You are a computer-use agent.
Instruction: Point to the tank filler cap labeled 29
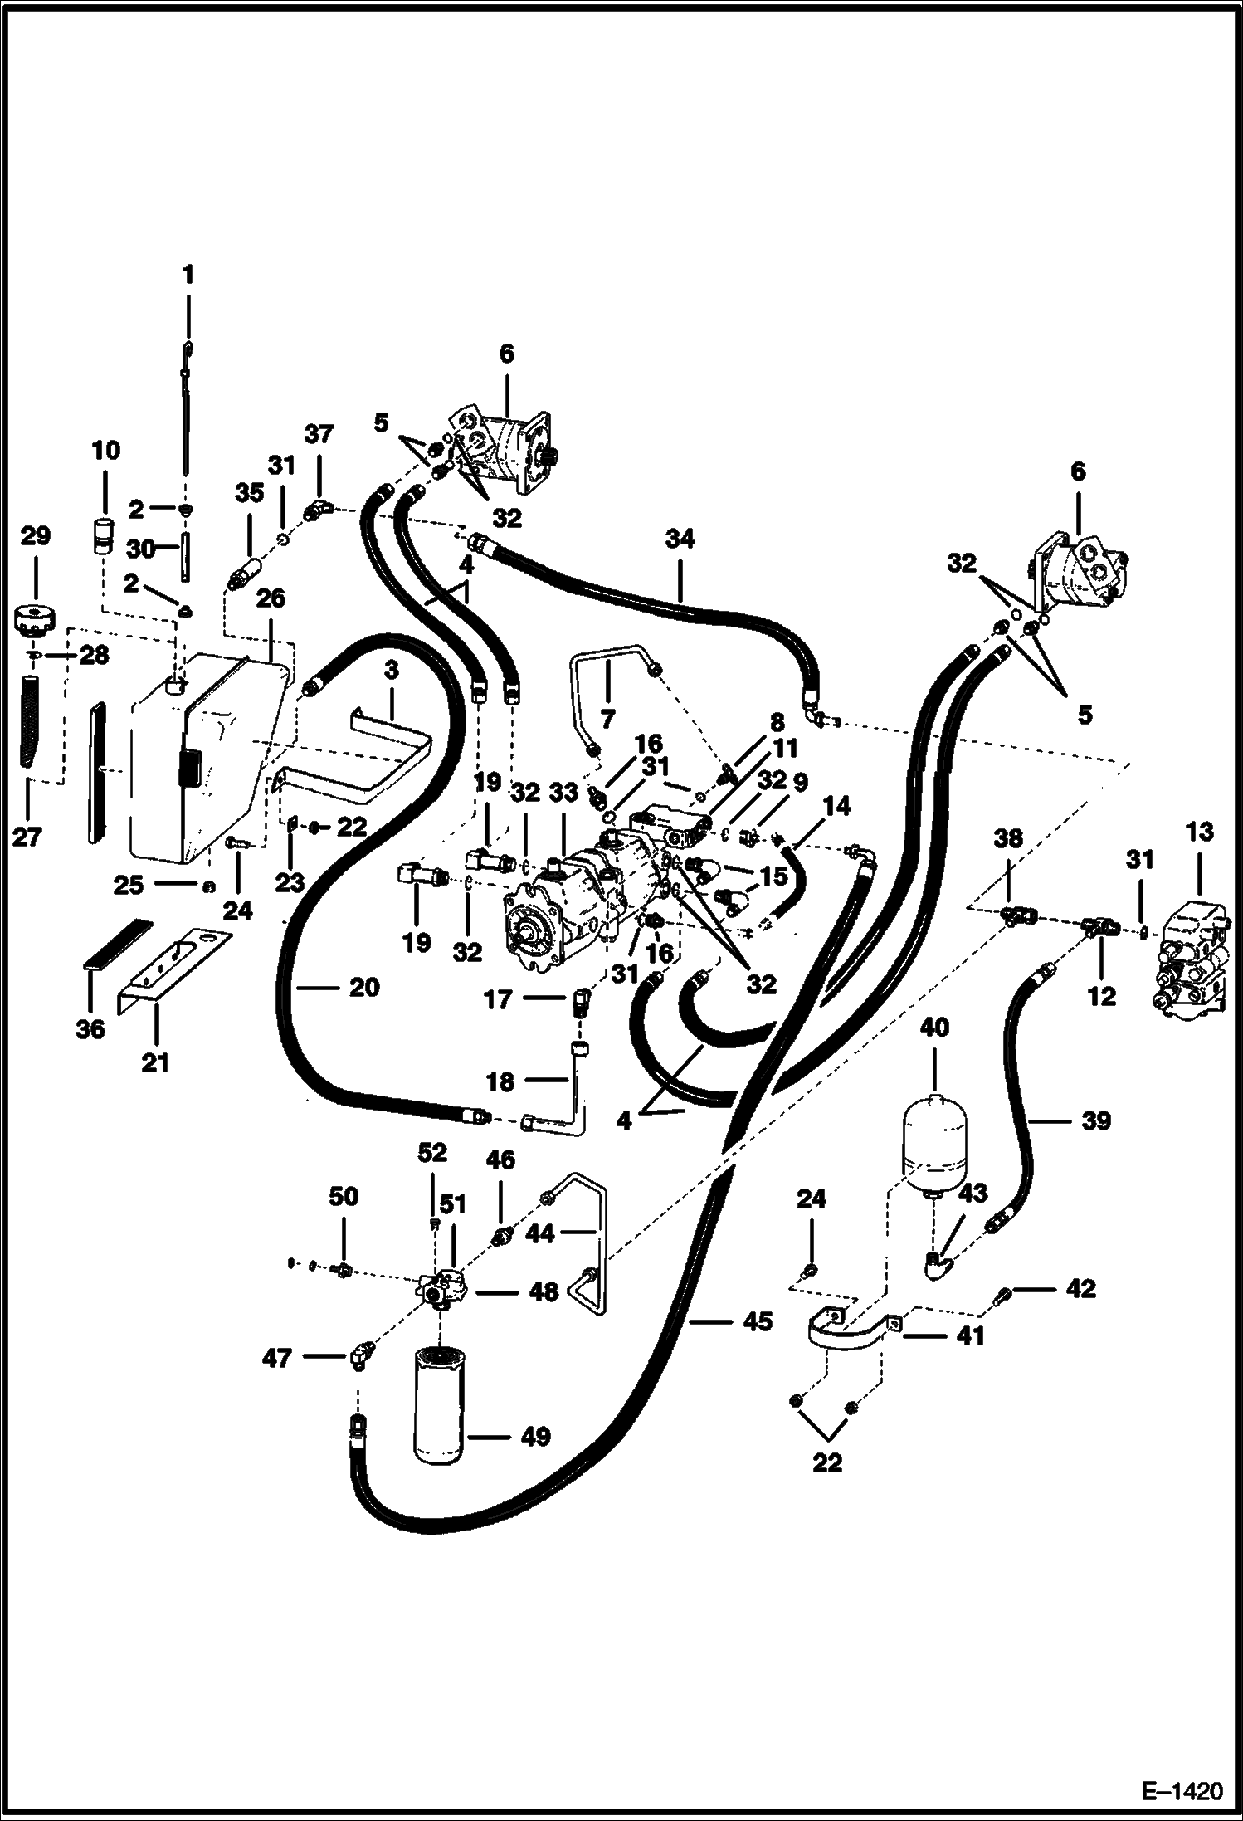coord(35,618)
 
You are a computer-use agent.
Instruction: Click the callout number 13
coord(1199,832)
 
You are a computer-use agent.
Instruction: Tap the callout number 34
coord(680,539)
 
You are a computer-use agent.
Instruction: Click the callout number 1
coord(188,275)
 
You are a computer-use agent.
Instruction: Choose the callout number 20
coord(363,987)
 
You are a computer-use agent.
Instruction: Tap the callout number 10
coord(105,451)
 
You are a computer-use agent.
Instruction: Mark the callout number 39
coord(1096,1121)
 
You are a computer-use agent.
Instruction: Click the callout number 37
coord(319,434)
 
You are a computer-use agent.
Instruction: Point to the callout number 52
coord(432,1152)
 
